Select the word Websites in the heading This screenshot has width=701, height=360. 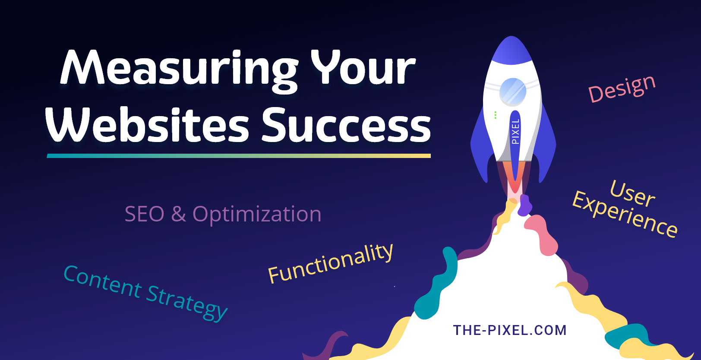(147, 125)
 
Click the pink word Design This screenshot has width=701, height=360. (622, 88)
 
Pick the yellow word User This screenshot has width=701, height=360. (633, 194)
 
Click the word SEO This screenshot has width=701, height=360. (144, 214)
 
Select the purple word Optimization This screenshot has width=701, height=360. (257, 214)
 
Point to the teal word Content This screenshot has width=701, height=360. (103, 282)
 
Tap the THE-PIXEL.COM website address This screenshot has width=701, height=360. (510, 330)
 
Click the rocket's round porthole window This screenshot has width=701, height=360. (512, 92)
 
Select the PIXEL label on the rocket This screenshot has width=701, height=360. (515, 131)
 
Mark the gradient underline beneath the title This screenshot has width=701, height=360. (239, 156)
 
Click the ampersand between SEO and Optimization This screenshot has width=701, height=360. (178, 214)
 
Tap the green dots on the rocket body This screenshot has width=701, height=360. (496, 115)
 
